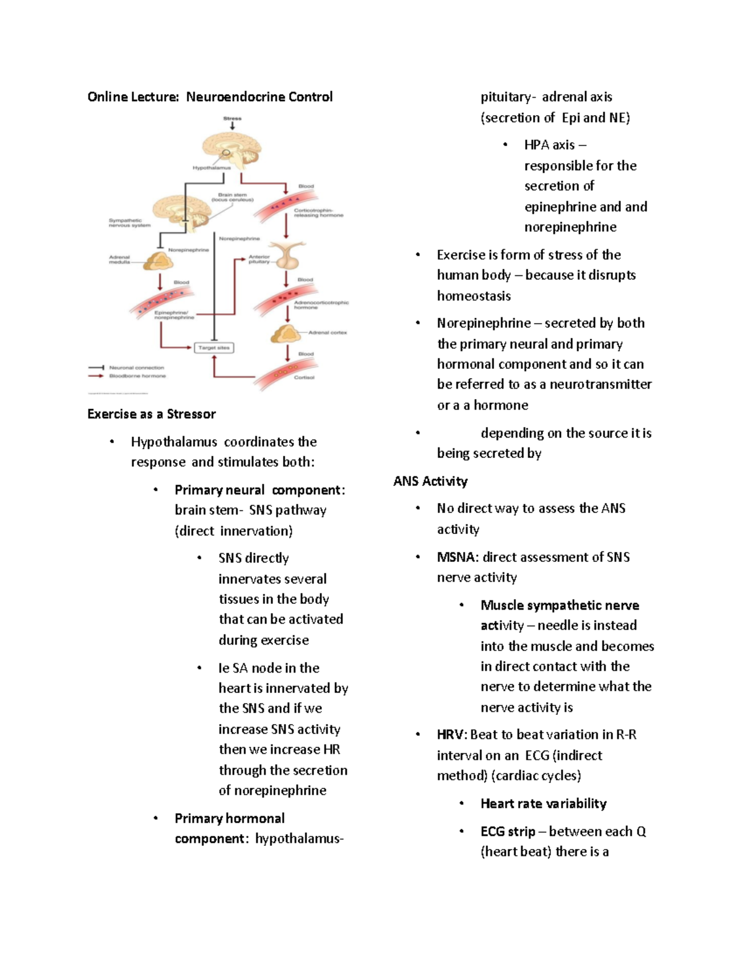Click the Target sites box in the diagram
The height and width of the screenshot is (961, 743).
214,348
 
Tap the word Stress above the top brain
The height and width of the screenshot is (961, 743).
232,118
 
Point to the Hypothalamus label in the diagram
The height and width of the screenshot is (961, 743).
211,168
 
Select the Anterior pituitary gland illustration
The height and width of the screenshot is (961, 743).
287,255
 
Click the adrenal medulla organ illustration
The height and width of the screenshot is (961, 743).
158,262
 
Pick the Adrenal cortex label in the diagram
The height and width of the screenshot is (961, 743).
328,332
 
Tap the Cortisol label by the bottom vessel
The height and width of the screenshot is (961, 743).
304,377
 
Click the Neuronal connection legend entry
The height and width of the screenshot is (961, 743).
136,368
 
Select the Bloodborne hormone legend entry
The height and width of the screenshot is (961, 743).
137,376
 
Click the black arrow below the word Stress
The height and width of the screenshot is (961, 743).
232,126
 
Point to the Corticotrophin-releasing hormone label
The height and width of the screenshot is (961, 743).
318,213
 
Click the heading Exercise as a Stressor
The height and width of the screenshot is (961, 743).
152,414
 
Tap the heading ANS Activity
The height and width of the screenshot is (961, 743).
430,481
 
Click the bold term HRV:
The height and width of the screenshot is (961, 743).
452,735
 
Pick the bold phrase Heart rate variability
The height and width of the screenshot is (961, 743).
543,803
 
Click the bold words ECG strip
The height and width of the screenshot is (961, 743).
508,831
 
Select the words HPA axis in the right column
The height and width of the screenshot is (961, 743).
549,145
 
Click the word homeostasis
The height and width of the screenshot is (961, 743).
474,296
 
